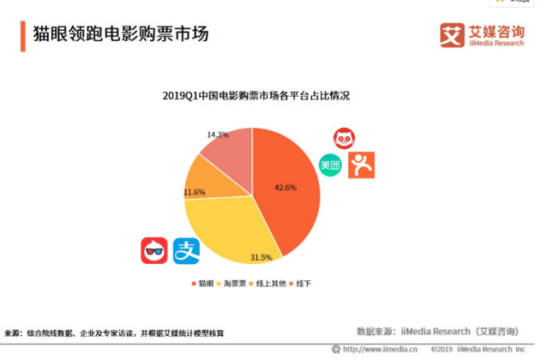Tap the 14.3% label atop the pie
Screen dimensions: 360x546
click(218, 135)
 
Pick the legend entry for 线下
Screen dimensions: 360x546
click(303, 283)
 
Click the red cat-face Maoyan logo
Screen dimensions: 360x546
click(345, 137)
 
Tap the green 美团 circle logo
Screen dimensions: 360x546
click(331, 165)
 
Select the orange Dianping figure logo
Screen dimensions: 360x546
click(361, 165)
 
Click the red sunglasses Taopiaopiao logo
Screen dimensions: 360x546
click(154, 250)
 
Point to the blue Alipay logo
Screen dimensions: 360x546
click(186, 250)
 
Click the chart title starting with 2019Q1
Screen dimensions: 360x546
click(255, 96)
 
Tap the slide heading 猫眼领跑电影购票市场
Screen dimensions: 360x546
click(120, 35)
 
